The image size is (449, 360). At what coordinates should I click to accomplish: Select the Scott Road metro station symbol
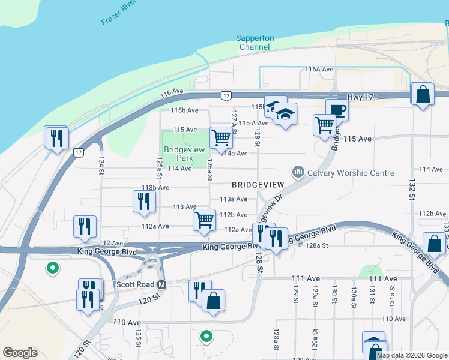point(161,284)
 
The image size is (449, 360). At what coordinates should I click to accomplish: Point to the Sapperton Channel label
point(256,43)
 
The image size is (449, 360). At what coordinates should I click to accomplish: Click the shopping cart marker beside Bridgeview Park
point(221,137)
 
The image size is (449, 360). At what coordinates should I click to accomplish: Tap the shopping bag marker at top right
point(423,95)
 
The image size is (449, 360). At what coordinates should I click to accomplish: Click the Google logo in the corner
point(20,353)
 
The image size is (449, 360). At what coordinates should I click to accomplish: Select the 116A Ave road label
point(319,70)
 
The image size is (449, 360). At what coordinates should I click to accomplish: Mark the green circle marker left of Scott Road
point(53,268)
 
